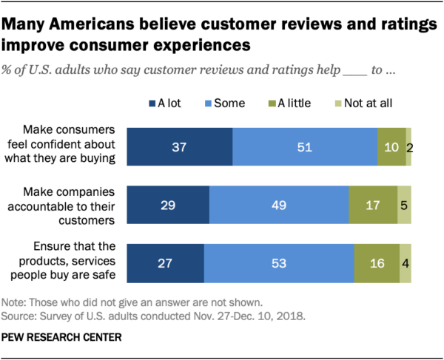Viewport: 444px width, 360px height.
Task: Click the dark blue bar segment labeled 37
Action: tap(180, 146)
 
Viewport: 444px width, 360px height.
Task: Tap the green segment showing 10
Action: tap(391, 146)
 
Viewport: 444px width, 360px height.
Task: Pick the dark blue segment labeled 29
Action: tap(169, 205)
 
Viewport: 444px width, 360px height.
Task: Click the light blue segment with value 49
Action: tap(280, 205)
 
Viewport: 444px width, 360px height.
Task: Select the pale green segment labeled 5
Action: tap(404, 205)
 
